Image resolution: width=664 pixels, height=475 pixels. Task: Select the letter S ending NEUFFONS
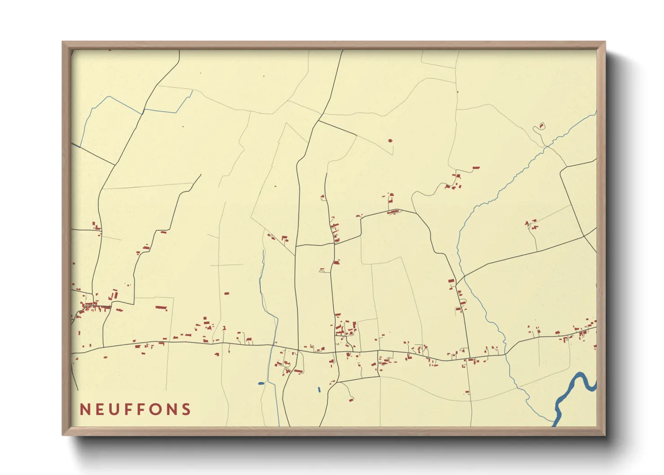coord(186,409)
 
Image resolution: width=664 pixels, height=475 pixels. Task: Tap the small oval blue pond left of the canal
coord(261,383)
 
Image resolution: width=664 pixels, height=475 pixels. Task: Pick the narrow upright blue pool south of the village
coord(319,390)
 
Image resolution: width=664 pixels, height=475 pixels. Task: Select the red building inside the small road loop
coord(541,126)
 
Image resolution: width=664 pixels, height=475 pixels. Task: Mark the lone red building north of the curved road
coord(390,141)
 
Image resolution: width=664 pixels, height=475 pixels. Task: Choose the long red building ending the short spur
coord(476,168)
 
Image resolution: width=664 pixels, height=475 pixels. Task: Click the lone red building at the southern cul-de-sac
coord(350,400)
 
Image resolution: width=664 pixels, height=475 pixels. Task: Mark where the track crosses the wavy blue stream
coord(546,146)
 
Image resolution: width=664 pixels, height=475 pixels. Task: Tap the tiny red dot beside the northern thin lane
coord(457,92)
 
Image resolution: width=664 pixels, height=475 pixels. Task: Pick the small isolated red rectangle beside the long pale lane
coord(227,293)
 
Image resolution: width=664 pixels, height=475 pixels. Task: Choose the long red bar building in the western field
coord(161,308)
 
